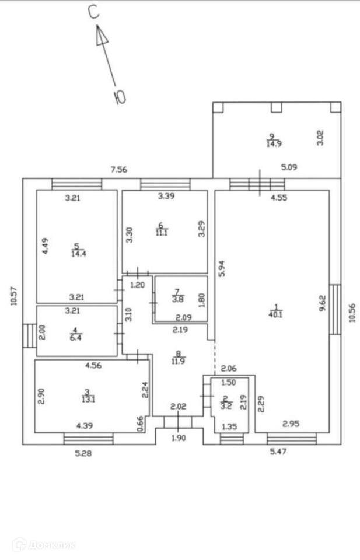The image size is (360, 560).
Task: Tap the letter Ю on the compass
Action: coord(120,97)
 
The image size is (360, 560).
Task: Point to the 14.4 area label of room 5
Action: coord(77,253)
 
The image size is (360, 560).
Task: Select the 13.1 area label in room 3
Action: coord(88,399)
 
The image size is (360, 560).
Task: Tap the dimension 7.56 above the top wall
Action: coord(119,170)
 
